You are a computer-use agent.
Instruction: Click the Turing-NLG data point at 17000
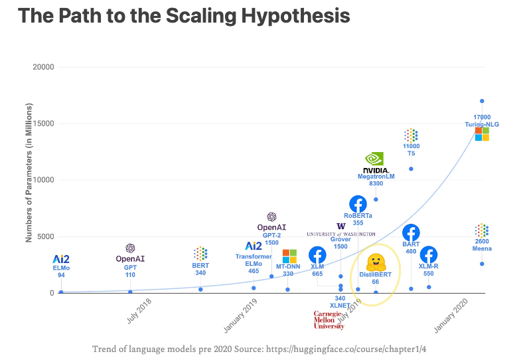point(482,101)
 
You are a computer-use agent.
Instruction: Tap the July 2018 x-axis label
point(139,310)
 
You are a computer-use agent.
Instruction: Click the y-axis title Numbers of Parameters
point(29,172)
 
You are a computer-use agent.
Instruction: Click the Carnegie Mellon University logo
point(329,319)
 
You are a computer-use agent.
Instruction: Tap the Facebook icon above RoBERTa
point(358,204)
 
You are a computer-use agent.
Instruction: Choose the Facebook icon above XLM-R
point(429,255)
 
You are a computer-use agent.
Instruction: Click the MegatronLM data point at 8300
point(376,199)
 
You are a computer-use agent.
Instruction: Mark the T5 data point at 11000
point(411,169)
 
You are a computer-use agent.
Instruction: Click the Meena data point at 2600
point(482,264)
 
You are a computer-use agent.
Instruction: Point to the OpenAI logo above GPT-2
point(271,217)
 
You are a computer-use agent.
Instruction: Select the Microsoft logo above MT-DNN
point(289,256)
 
